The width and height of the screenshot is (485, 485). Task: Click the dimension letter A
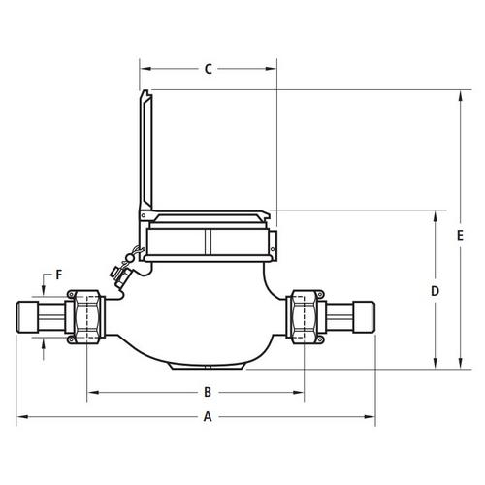tap(208, 416)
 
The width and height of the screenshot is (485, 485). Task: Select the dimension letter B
tap(208, 392)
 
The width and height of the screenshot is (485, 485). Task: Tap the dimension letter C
tap(209, 69)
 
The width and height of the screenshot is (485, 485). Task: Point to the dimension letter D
tap(436, 291)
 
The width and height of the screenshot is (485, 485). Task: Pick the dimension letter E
tap(460, 236)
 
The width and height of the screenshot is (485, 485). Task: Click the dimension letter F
tap(59, 275)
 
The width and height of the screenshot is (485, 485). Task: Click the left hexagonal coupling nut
tap(86, 317)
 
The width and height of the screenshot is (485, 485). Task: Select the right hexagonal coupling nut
tap(305, 317)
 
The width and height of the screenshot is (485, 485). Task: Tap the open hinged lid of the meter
tap(146, 149)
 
